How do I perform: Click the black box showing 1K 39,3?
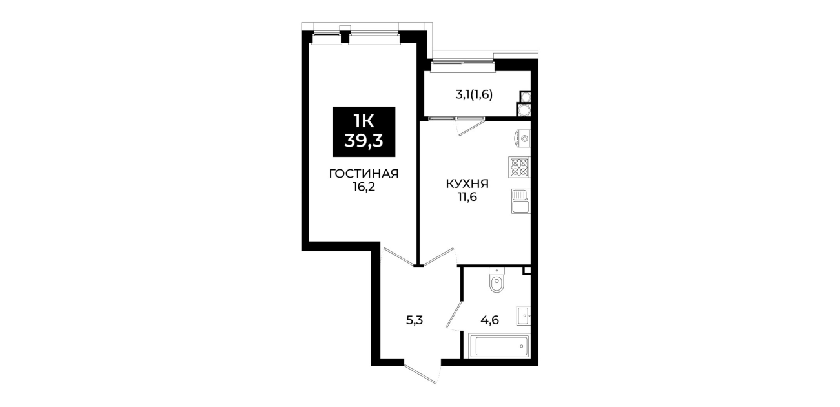(x=364, y=132)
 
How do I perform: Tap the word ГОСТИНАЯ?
(x=364, y=174)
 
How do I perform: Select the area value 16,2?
(x=364, y=187)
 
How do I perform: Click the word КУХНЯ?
(x=467, y=184)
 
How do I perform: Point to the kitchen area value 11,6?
(x=467, y=197)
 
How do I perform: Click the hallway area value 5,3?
(x=415, y=320)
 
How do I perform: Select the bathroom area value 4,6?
(x=490, y=320)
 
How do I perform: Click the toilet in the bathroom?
(x=497, y=280)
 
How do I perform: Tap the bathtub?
(x=497, y=346)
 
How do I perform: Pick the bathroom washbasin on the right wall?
(x=524, y=315)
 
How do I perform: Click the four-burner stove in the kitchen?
(x=519, y=167)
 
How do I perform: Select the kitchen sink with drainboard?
(x=520, y=201)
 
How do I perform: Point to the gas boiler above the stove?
(x=522, y=138)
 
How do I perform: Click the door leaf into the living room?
(x=398, y=255)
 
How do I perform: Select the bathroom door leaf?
(x=454, y=315)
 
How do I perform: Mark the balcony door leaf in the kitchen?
(x=471, y=127)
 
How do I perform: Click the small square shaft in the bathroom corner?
(x=527, y=271)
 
